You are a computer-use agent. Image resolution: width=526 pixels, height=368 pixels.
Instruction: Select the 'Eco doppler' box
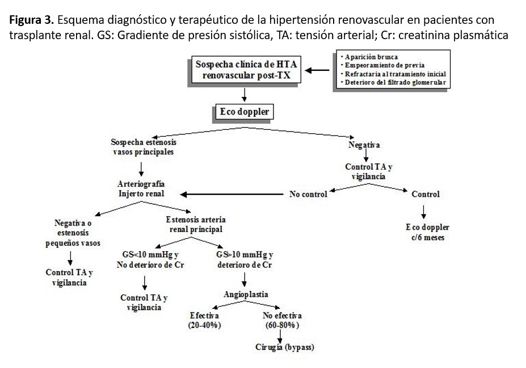pyautogui.click(x=245, y=112)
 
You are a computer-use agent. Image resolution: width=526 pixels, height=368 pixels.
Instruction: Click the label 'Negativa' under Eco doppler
pyautogui.click(x=364, y=145)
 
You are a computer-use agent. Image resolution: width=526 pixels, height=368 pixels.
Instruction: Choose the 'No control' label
pyautogui.click(x=308, y=194)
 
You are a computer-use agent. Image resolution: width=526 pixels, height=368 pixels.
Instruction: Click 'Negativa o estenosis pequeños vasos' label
pyautogui.click(x=73, y=233)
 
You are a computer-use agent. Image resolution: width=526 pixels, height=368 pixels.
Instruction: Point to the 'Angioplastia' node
pyautogui.click(x=246, y=295)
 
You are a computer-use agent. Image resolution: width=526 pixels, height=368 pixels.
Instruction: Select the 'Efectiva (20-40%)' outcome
pyautogui.click(x=204, y=320)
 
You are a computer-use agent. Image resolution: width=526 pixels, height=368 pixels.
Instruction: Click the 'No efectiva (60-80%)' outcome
pyautogui.click(x=282, y=320)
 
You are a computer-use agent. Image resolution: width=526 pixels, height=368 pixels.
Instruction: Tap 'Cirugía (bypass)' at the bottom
pyautogui.click(x=284, y=348)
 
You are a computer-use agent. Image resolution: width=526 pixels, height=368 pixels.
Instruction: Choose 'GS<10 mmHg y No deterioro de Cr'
pyautogui.click(x=150, y=260)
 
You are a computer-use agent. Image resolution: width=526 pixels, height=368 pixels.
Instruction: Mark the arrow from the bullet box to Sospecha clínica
pyautogui.click(x=317, y=70)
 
